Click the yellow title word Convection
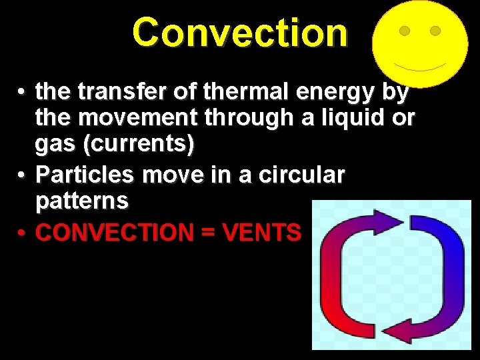(x=240, y=33)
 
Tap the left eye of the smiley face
(x=404, y=31)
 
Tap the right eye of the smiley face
(x=435, y=31)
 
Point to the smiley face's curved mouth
(x=419, y=67)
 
